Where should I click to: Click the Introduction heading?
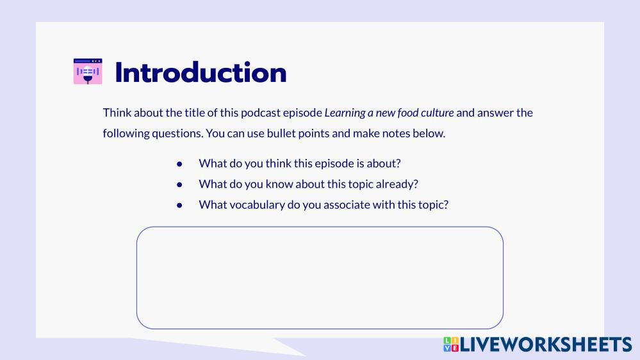pyautogui.click(x=201, y=72)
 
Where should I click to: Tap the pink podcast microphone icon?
pyautogui.click(x=88, y=72)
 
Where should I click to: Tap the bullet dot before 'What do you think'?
pyautogui.click(x=179, y=165)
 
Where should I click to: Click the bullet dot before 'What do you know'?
pyautogui.click(x=179, y=185)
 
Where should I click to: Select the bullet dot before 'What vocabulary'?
pyautogui.click(x=179, y=206)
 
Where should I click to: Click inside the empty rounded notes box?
pyautogui.click(x=320, y=277)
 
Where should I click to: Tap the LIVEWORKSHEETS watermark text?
pyautogui.click(x=546, y=345)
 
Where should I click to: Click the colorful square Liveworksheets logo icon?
pyautogui.click(x=451, y=345)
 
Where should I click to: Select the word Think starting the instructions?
pyautogui.click(x=117, y=113)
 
